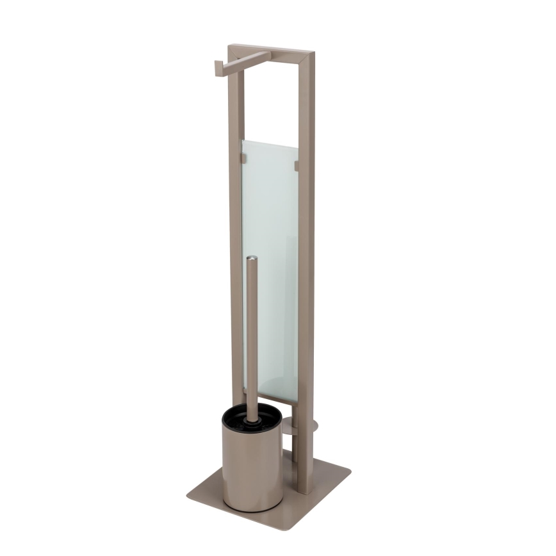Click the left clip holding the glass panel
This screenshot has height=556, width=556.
click(x=243, y=156)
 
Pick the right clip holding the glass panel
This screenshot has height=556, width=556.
click(x=296, y=166)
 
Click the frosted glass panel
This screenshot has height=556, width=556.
click(x=270, y=211)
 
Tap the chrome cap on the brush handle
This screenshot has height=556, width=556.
click(x=252, y=259)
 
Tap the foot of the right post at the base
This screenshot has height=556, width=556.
click(x=305, y=487)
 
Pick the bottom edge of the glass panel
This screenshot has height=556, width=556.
click(x=270, y=398)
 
